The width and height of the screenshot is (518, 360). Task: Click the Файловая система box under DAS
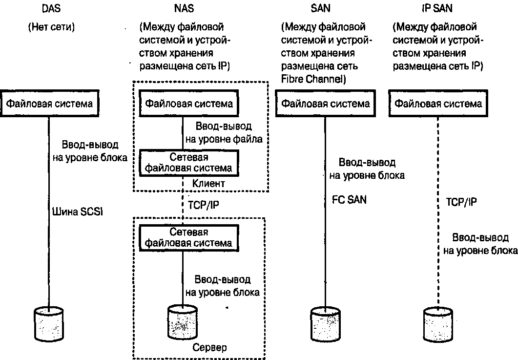(49, 104)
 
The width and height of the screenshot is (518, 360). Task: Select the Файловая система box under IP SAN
(438, 104)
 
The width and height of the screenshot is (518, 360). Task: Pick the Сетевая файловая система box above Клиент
(187, 163)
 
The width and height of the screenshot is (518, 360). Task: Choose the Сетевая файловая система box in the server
(187, 237)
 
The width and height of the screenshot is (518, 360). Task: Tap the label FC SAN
(349, 199)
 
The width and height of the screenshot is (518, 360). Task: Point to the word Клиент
(208, 184)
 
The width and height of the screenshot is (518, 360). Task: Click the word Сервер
(209, 348)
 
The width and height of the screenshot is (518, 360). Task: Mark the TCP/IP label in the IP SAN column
(461, 202)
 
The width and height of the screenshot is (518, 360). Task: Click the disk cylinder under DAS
(49, 323)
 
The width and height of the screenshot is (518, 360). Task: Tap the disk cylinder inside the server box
(182, 323)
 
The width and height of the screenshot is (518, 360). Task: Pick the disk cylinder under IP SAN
(438, 323)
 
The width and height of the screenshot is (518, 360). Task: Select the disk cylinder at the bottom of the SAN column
(325, 323)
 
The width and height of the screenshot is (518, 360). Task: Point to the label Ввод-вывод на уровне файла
(224, 132)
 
